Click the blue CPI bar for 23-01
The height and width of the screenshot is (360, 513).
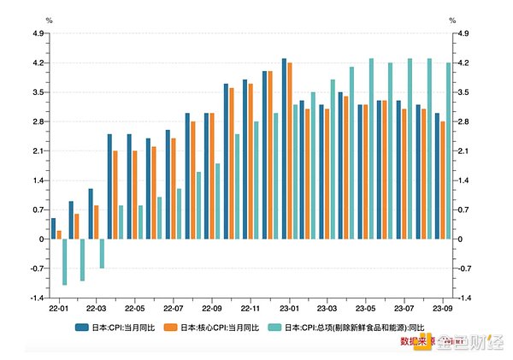(x=285, y=149)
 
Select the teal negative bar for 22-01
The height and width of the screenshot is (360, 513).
(x=64, y=262)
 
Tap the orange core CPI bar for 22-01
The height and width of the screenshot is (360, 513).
(x=59, y=234)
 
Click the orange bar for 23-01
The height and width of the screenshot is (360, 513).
(x=290, y=150)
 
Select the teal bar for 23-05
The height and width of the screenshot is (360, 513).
(x=371, y=149)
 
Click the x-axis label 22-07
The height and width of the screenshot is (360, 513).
(x=174, y=308)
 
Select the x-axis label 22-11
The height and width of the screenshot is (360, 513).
(x=251, y=308)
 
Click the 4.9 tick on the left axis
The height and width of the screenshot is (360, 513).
(x=37, y=33)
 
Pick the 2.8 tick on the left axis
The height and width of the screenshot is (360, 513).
(x=37, y=121)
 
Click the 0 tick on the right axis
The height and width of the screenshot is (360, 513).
(x=461, y=239)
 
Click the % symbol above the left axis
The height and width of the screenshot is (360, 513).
(x=49, y=20)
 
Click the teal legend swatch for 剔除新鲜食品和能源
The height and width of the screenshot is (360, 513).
(x=275, y=328)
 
